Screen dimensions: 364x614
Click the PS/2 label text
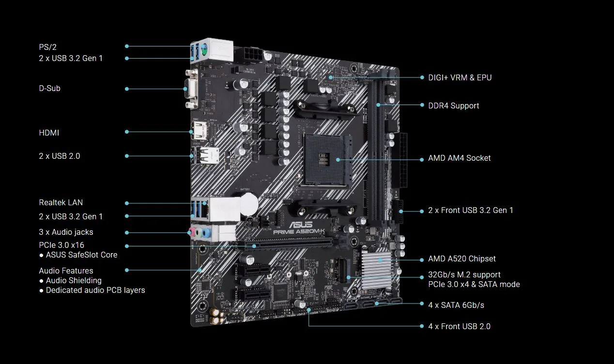pyautogui.click(x=47, y=47)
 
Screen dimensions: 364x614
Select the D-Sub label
pyautogui.click(x=49, y=89)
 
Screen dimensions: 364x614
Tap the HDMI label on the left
pyautogui.click(x=49, y=133)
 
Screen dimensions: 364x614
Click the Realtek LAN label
pyautogui.click(x=61, y=203)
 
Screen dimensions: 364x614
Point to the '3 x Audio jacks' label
pyautogui.click(x=66, y=232)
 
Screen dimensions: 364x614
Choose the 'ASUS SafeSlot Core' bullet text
pyautogui.click(x=81, y=255)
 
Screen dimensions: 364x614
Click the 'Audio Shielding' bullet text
pyautogui.click(x=74, y=281)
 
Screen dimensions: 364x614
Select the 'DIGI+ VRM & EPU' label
pyautogui.click(x=460, y=77)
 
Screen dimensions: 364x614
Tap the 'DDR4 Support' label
pyautogui.click(x=453, y=106)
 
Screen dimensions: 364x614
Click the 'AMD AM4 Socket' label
pyautogui.click(x=459, y=158)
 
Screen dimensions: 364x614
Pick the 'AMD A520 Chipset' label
pyautogui.click(x=461, y=259)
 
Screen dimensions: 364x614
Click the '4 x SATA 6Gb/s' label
pyautogui.click(x=456, y=305)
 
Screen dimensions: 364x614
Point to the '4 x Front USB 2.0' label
pyautogui.click(x=459, y=327)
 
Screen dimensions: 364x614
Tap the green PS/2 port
pyautogui.click(x=204, y=48)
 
